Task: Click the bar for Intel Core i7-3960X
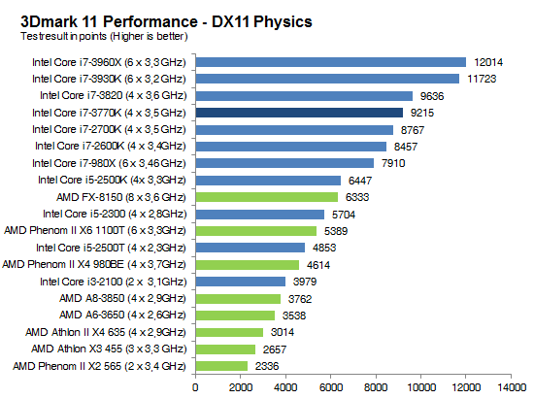click(x=331, y=62)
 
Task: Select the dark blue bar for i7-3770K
click(x=299, y=113)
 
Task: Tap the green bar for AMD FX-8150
click(x=267, y=197)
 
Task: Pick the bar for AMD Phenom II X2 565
click(x=222, y=366)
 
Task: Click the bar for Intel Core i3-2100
click(x=241, y=282)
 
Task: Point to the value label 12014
click(x=489, y=62)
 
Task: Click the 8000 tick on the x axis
click(x=376, y=387)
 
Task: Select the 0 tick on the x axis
click(x=196, y=387)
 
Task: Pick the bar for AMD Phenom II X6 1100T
click(x=256, y=231)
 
